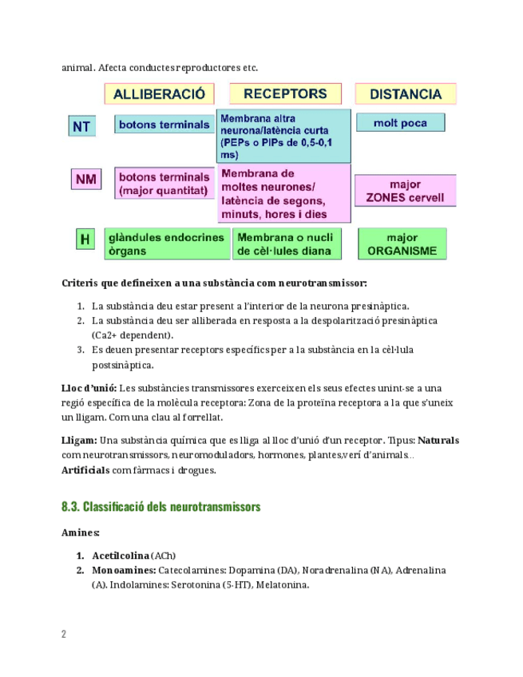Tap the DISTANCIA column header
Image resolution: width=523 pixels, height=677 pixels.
click(x=406, y=94)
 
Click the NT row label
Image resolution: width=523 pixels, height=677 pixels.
click(x=81, y=126)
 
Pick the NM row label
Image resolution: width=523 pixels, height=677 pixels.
click(x=85, y=180)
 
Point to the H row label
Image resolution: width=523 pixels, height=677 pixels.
click(x=84, y=238)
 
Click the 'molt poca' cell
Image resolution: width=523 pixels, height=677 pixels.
click(x=400, y=123)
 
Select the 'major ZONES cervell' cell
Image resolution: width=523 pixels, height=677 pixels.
click(x=405, y=191)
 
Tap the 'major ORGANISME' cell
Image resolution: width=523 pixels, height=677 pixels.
click(x=402, y=244)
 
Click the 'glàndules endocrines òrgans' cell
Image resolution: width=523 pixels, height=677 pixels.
click(x=166, y=244)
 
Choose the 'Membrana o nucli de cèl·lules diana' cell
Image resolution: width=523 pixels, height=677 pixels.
click(x=287, y=244)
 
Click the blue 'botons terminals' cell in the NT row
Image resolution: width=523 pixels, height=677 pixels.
click(x=163, y=125)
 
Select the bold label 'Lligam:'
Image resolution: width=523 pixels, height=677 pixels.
click(x=79, y=440)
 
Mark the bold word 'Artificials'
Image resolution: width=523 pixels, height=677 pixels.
click(x=85, y=469)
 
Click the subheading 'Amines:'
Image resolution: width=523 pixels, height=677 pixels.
click(x=81, y=532)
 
